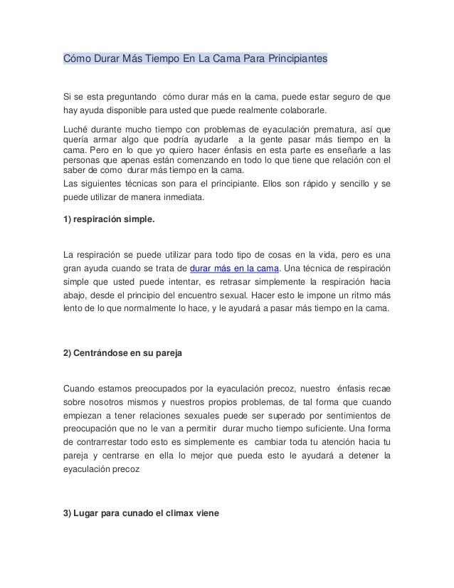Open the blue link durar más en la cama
click(236, 268)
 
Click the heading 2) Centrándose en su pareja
click(122, 354)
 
